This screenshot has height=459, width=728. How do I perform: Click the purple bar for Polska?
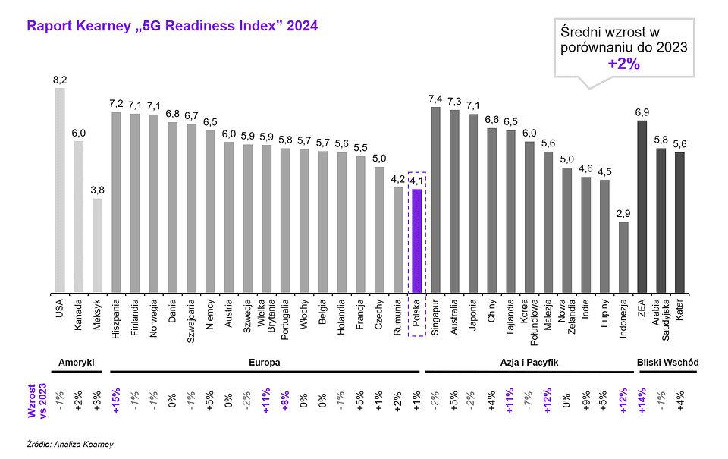416,241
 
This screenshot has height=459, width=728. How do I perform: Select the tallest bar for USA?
60,190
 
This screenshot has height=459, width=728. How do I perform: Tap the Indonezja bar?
623,256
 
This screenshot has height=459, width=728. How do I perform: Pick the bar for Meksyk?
97,245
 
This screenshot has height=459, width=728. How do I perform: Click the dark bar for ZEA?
642,206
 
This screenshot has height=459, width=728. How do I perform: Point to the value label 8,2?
60,80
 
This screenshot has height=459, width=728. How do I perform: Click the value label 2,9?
623,213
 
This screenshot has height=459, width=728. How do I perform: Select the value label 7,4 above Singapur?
435,99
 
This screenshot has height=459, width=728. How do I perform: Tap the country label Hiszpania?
118,319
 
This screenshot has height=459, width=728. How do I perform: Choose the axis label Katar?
679,311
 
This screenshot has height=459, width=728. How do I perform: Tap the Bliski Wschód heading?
667,363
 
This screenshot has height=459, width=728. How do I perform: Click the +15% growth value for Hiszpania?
117,401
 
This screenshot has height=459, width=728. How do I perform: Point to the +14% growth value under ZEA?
642,401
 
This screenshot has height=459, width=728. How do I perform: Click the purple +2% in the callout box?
624,64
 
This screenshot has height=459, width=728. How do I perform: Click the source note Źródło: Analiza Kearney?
63,444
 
